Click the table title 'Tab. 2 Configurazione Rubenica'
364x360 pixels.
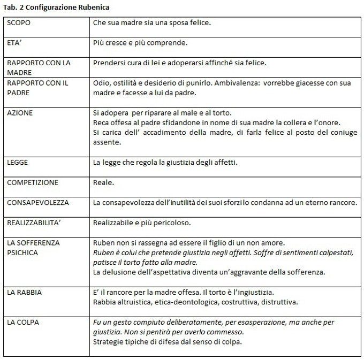pos(58,8)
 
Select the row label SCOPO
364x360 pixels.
pos(19,24)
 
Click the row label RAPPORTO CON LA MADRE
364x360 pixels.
pos(39,67)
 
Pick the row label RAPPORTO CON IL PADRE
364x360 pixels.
pos(37,87)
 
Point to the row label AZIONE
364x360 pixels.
pos(20,113)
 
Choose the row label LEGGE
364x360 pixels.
pos(18,162)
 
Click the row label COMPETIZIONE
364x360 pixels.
pos(33,182)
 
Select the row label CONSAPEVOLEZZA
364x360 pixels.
pos(38,203)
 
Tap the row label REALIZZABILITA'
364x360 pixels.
pos(35,223)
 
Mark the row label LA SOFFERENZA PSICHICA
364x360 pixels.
pos(33,247)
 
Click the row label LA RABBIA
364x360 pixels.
pos(24,293)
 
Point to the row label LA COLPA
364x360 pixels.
pos(23,322)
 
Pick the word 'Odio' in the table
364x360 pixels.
pos(101,83)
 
